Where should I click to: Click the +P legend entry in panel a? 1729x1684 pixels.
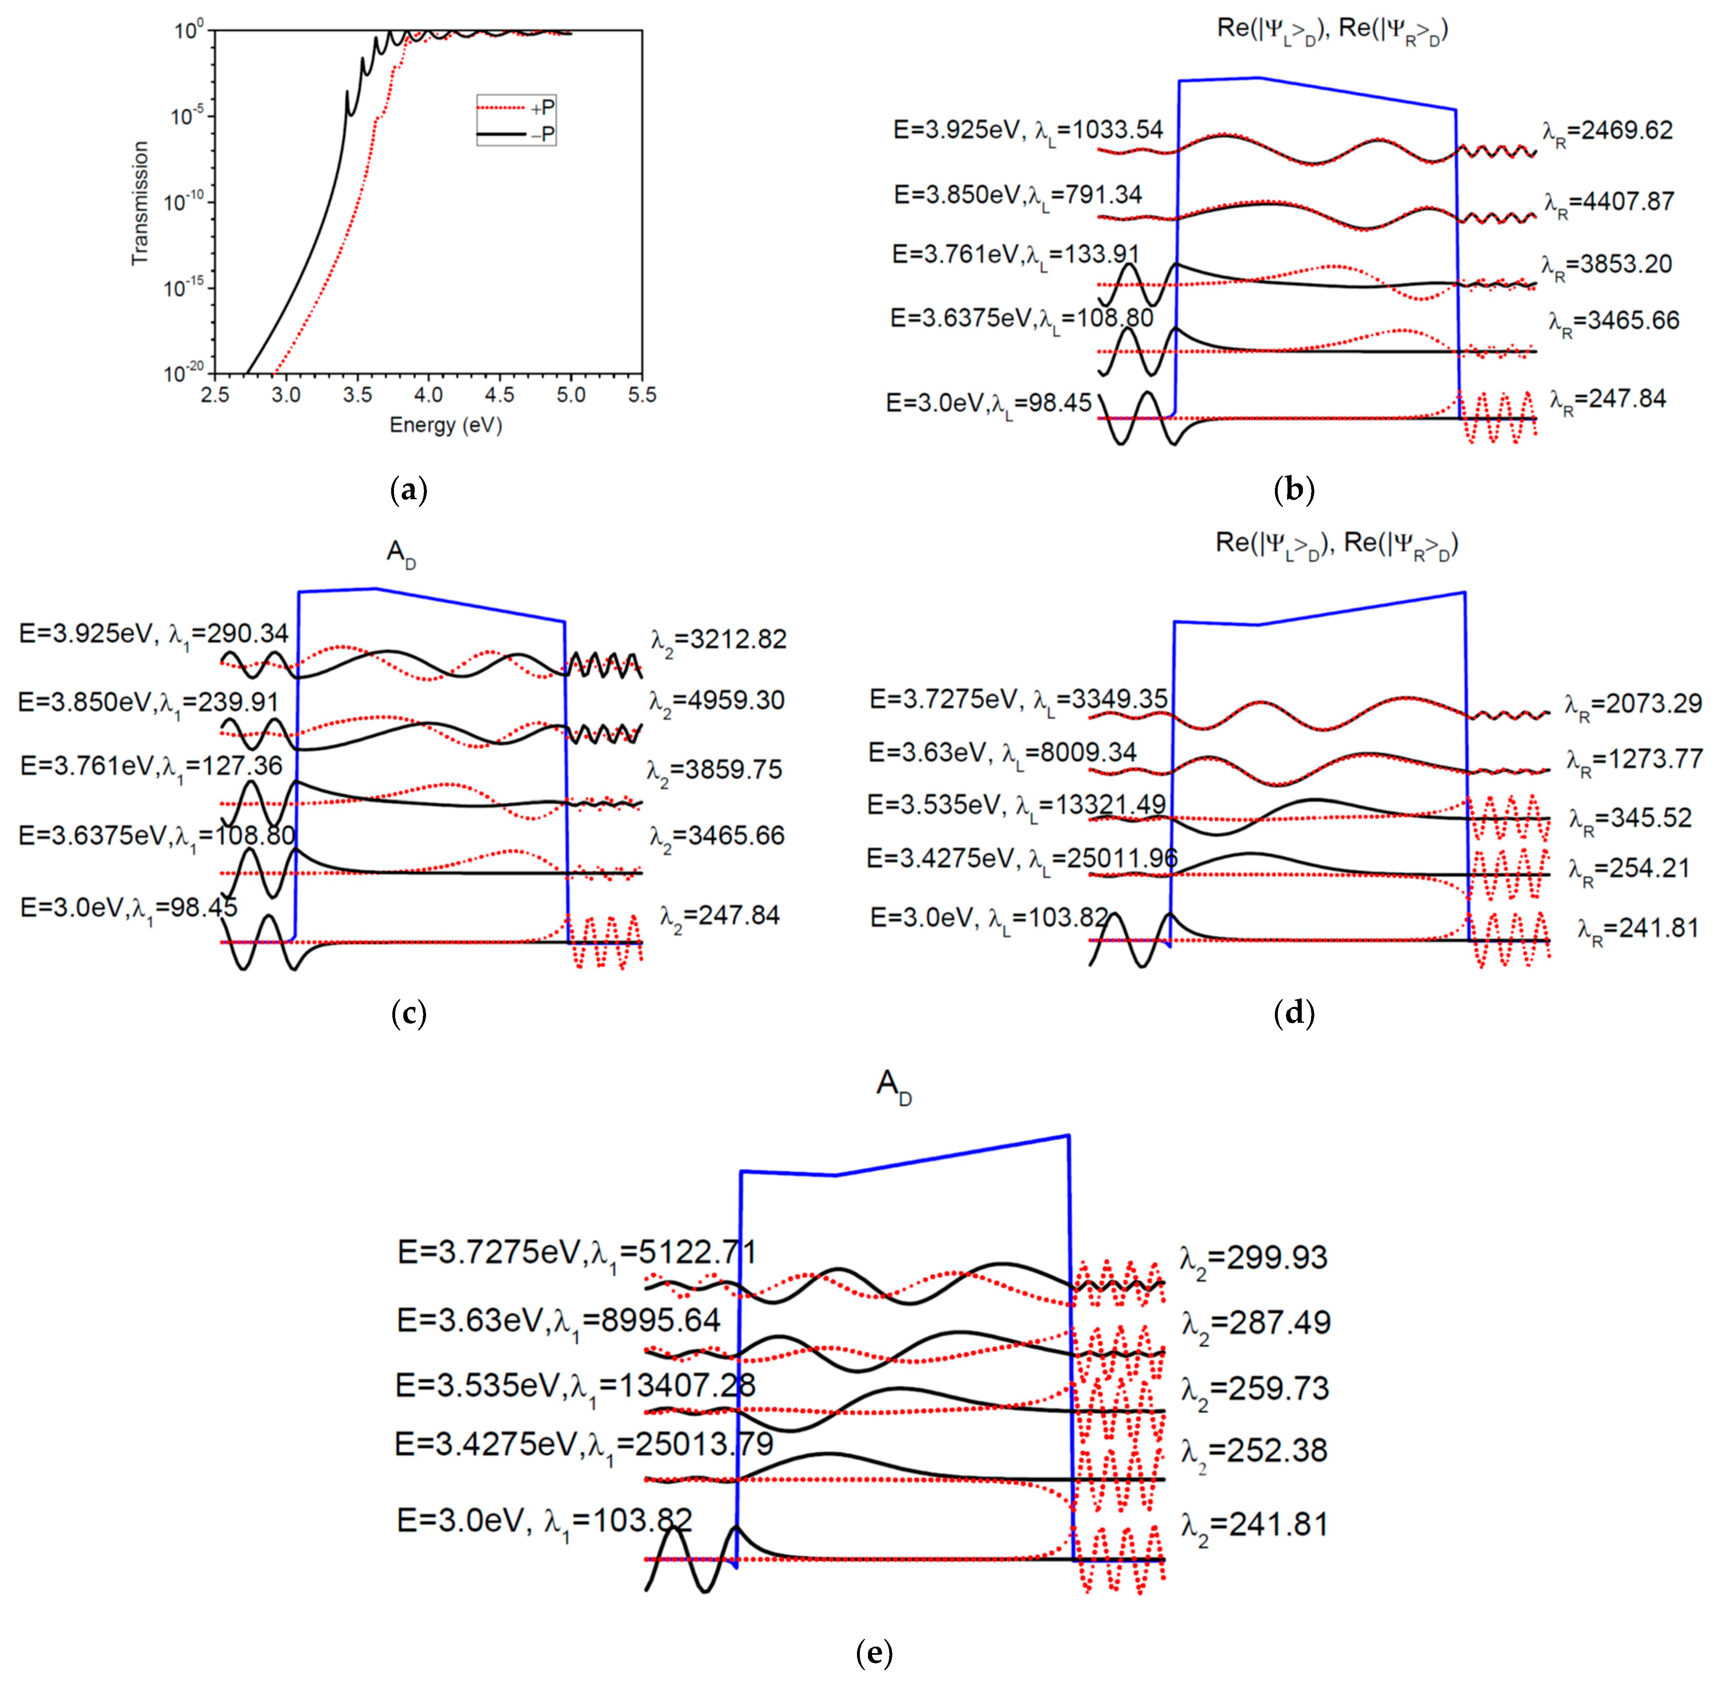click(517, 108)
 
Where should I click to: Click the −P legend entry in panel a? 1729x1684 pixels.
click(517, 134)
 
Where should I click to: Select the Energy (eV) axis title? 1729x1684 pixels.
click(446, 425)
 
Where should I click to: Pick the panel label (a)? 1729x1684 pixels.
click(409, 489)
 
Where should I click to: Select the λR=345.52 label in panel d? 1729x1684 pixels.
click(1630, 819)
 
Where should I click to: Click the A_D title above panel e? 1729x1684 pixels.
click(893, 1086)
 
